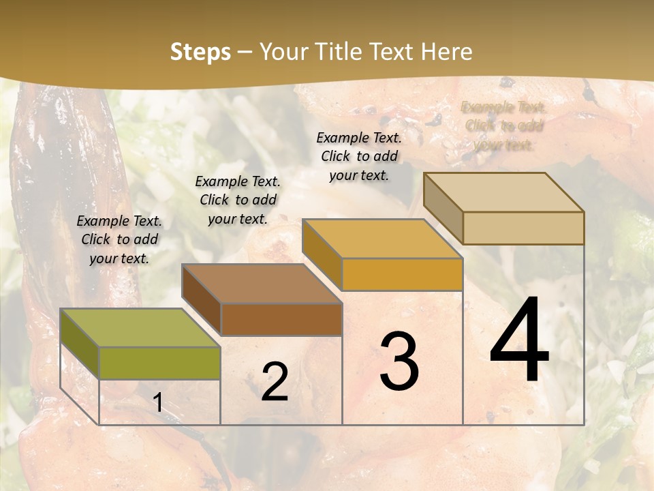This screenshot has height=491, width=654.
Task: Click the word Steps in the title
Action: tap(200, 52)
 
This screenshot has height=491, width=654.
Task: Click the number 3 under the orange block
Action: tap(399, 361)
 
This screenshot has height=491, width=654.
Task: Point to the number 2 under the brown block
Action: tap(275, 382)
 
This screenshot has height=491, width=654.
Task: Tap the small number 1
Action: tap(158, 402)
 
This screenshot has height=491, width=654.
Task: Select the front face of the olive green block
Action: tap(159, 363)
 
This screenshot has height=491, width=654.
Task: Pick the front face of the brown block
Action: tap(281, 319)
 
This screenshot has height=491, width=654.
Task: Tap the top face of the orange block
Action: tap(381, 239)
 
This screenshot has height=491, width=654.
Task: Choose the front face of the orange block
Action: tap(402, 274)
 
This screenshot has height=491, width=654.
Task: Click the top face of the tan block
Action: tap(503, 192)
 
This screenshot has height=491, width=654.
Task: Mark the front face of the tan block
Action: tap(523, 228)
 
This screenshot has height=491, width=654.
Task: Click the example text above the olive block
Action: tap(119, 239)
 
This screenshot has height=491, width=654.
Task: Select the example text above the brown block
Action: tap(238, 200)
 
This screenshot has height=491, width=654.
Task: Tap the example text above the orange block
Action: tap(359, 156)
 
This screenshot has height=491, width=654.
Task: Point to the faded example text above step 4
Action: tap(503, 125)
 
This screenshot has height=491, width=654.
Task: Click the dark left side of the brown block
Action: tap(201, 299)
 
